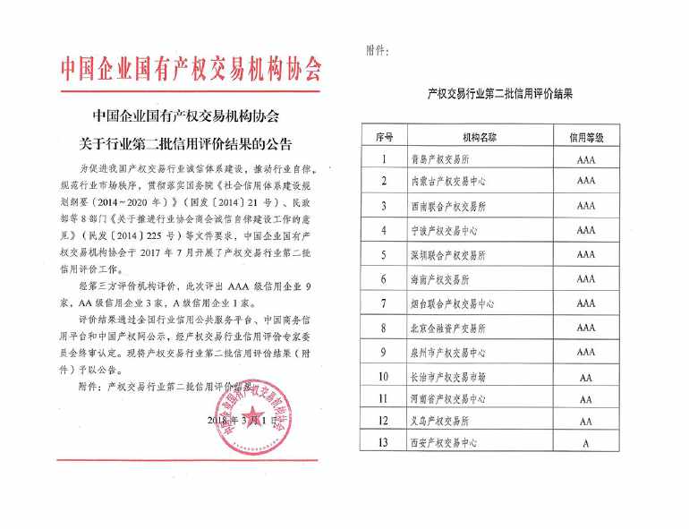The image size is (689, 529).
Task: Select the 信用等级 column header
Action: [586, 137]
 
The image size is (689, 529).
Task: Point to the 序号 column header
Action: [385, 137]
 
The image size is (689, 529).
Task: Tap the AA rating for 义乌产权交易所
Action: [586, 421]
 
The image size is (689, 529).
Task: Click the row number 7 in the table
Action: [385, 304]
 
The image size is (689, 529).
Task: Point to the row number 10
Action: [385, 377]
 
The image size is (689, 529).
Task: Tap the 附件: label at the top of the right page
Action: [378, 50]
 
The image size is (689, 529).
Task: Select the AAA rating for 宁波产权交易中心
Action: [586, 230]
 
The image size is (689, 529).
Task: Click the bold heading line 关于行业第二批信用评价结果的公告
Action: [187, 143]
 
